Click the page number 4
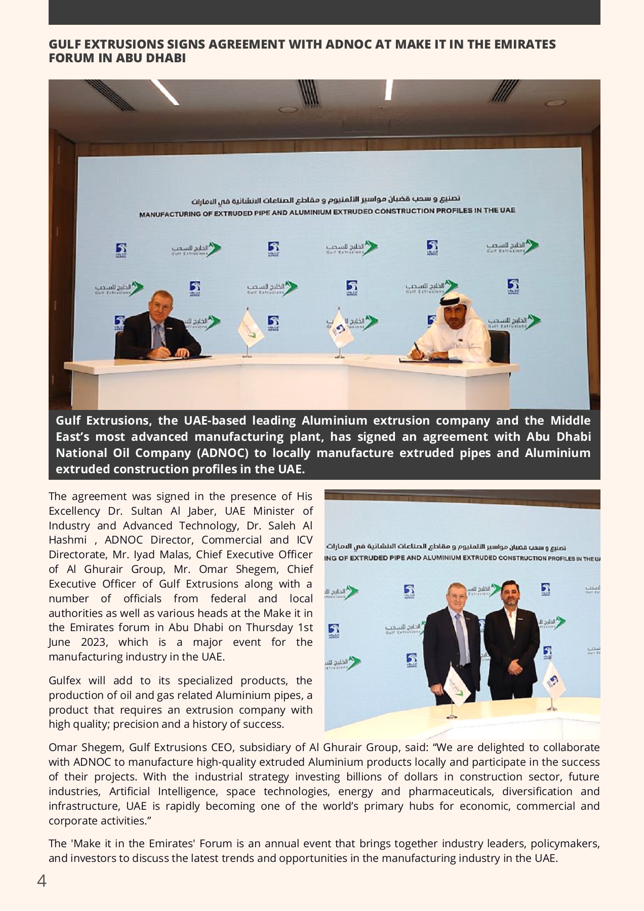pos(42,881)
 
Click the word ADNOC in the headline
pos(348,45)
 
